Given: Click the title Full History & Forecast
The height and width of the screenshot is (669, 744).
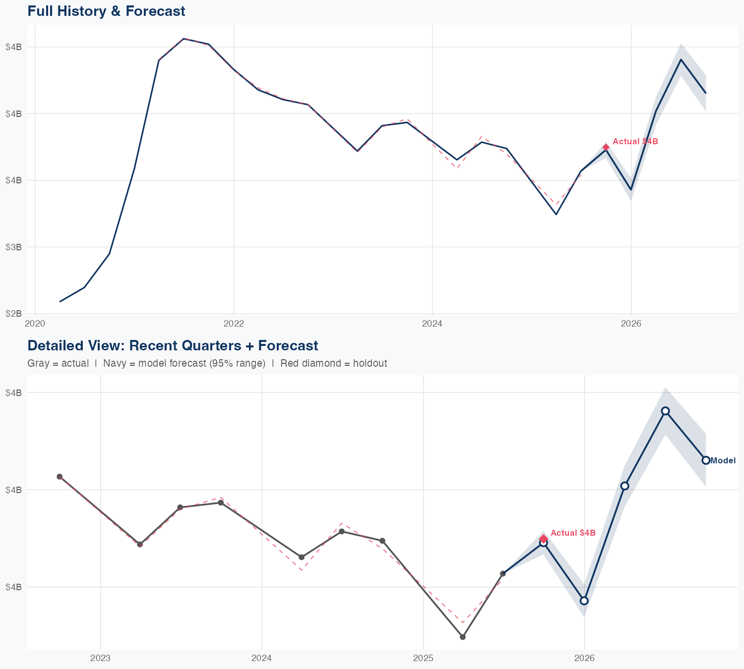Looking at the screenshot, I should click(x=106, y=11).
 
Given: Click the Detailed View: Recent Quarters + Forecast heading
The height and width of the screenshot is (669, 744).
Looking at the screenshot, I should click(x=173, y=345).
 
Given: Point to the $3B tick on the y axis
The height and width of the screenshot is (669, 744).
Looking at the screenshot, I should click(x=13, y=247).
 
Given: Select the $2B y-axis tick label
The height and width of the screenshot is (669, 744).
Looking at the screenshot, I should click(x=13, y=313).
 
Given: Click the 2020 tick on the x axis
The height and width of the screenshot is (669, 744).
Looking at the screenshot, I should click(x=35, y=324).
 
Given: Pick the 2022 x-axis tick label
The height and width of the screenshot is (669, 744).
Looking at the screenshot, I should click(x=234, y=324).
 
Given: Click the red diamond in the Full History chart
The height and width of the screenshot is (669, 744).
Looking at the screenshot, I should click(x=606, y=147).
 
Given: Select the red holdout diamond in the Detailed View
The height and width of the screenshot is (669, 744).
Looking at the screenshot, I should click(x=544, y=539).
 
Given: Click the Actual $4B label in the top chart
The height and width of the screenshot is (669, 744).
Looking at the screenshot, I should click(x=635, y=142).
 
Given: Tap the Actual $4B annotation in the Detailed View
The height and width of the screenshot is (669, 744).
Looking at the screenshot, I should click(x=573, y=533).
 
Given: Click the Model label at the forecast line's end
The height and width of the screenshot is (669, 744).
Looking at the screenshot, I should click(x=723, y=461).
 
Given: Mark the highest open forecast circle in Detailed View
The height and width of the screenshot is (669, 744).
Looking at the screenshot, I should click(x=665, y=411).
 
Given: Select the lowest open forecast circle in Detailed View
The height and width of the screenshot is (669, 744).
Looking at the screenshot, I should click(x=584, y=601).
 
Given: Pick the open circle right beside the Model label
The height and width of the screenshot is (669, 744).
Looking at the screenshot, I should click(x=706, y=460).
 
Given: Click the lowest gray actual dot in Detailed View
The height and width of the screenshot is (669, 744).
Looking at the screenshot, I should click(x=463, y=637).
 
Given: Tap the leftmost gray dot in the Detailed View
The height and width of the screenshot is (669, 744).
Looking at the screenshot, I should click(x=60, y=477).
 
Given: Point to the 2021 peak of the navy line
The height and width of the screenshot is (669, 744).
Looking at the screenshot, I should click(x=184, y=39).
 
